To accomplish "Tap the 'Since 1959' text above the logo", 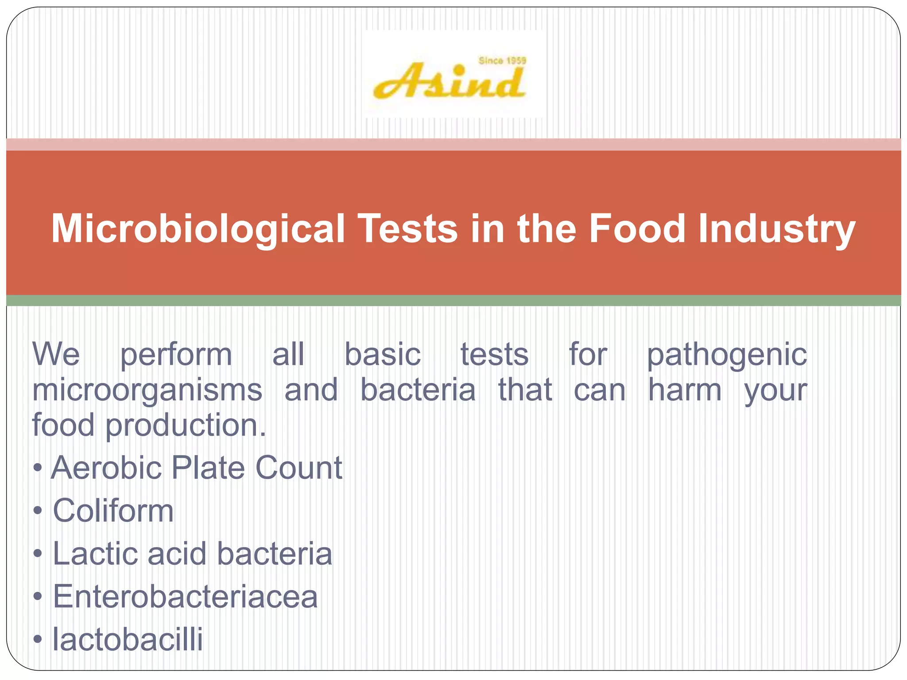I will [502, 61].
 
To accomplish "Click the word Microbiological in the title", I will [198, 229].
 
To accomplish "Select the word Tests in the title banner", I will [407, 229].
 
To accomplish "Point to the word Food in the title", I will [636, 229].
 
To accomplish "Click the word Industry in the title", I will [776, 229].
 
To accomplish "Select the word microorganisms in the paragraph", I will [147, 390].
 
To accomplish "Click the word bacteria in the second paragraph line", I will [418, 390].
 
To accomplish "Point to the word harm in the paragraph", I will [685, 390].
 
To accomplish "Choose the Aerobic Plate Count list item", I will [196, 468].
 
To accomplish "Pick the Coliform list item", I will [113, 511].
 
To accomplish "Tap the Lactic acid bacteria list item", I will [192, 554].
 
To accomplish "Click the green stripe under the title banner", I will [453, 301].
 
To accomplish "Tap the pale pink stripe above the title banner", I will [453, 144].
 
